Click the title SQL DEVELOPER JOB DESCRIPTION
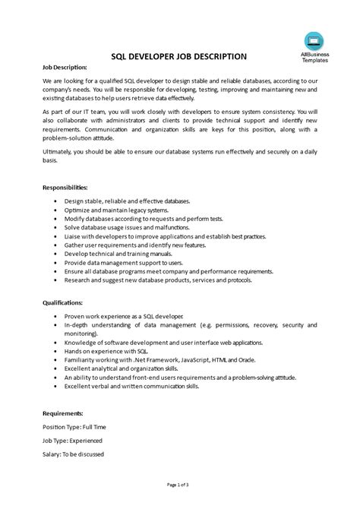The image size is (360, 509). point(178,56)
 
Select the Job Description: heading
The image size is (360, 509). point(65,68)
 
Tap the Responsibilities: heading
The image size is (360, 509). point(65,186)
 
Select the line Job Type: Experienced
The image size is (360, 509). point(72,441)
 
